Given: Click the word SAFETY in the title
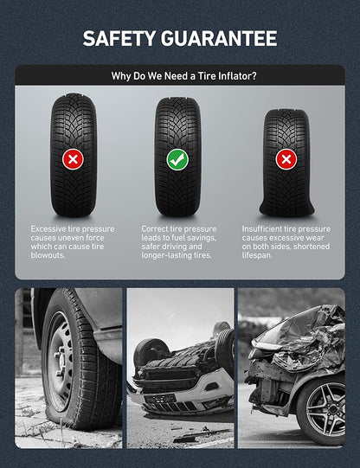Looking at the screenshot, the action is point(119,38).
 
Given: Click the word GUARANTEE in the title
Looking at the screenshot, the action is point(219,38).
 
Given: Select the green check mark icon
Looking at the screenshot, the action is point(177,160).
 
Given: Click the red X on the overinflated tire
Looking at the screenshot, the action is point(74,159).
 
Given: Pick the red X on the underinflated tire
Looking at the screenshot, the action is point(286,159).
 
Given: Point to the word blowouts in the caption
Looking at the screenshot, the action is point(48,255).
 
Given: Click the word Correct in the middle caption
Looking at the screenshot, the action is point(154,229).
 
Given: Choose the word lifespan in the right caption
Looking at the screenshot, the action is point(257,255).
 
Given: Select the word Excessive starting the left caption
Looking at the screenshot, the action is point(48,229).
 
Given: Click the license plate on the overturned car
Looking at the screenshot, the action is point(160,399).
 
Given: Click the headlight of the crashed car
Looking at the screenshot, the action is point(264,346).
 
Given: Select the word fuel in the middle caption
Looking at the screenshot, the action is point(178,238).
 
